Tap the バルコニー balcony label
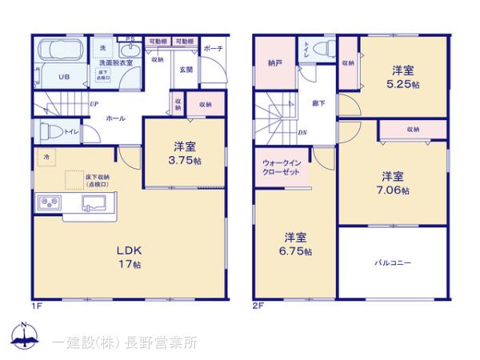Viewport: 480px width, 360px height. (x=393, y=262)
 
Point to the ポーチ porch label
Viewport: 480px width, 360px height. (x=213, y=48)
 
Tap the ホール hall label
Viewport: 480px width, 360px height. (x=116, y=118)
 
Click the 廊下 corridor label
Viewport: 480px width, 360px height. (x=318, y=104)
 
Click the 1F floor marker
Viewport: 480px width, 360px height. (x=37, y=305)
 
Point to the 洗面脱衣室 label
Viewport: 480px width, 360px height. (x=115, y=62)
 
